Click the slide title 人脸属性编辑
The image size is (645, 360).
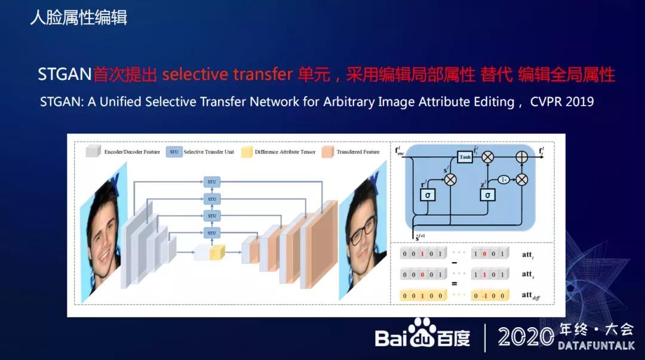79,17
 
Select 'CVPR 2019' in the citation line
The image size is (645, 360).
562,101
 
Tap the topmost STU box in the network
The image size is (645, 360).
211,181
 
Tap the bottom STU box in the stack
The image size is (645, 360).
211,232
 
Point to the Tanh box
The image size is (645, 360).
465,157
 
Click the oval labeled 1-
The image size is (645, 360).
505,179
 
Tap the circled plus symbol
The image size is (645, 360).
522,157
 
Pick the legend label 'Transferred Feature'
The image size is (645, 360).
358,152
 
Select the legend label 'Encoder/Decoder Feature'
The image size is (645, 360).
132,152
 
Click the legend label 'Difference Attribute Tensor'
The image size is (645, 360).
285,152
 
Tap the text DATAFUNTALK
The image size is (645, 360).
595,346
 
